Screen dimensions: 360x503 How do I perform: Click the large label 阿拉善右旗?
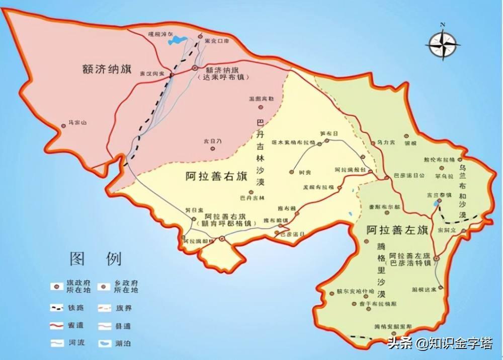click(x=217, y=177)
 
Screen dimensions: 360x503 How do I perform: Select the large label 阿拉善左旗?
click(x=397, y=231)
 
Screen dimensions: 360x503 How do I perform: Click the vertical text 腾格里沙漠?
click(x=380, y=270)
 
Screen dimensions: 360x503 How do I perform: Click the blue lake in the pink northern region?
click(x=177, y=40)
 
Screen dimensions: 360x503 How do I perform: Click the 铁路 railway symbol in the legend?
click(x=57, y=307)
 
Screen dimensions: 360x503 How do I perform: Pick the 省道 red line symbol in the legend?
click(x=57, y=326)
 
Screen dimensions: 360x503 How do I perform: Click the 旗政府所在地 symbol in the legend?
click(x=57, y=286)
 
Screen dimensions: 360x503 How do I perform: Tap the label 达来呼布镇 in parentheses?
click(x=220, y=78)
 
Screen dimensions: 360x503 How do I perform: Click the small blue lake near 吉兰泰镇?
click(x=434, y=204)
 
